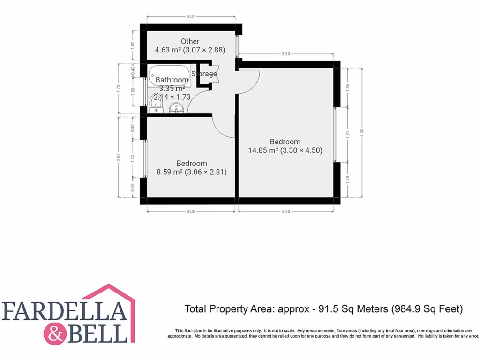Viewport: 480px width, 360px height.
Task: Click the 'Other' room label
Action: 190,41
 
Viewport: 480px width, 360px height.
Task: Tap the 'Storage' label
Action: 204,74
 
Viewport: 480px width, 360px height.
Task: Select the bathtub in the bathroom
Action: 169,74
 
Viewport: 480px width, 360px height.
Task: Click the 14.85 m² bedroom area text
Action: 285,150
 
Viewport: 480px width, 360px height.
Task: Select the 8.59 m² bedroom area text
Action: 191,172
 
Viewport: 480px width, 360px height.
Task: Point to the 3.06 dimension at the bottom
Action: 190,212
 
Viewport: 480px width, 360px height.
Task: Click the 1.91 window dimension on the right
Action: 347,134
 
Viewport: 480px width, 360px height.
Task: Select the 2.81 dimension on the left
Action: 119,157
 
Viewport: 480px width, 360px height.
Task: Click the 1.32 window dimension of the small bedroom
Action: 133,158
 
